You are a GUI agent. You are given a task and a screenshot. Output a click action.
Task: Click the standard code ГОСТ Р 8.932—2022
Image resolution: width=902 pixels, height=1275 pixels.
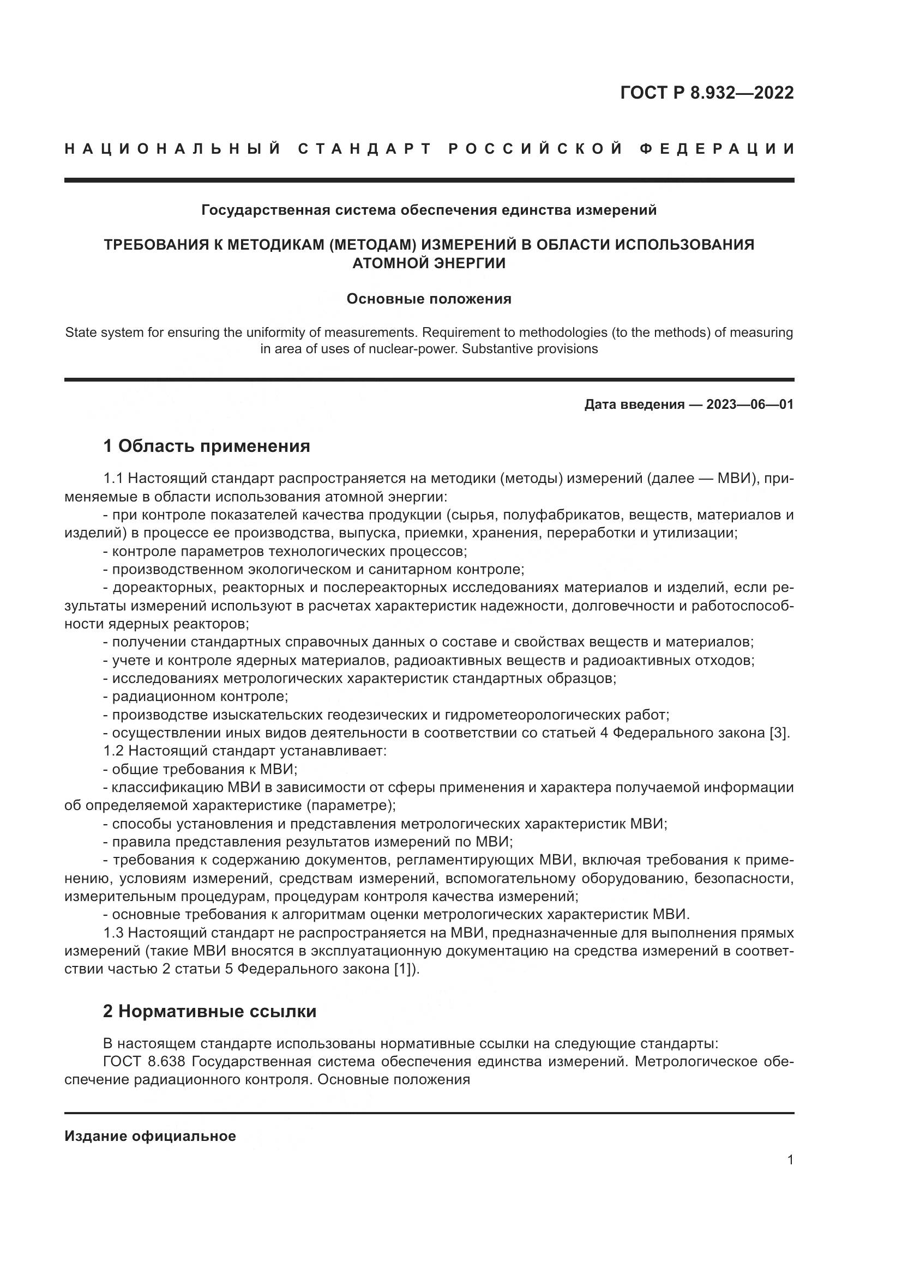point(706,93)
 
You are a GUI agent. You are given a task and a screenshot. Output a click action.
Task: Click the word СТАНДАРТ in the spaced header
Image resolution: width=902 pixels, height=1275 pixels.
point(365,149)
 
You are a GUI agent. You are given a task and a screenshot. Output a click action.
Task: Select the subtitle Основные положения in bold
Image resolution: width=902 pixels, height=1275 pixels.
point(429,299)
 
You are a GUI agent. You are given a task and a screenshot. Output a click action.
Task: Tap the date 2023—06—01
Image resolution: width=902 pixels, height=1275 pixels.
point(750,404)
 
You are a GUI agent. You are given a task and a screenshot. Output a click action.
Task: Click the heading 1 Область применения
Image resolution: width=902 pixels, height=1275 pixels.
point(207,446)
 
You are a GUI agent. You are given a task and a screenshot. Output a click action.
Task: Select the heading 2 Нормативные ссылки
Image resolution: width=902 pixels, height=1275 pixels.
point(209,1011)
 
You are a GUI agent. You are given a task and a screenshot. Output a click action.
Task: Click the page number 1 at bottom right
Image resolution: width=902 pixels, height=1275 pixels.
point(790,1159)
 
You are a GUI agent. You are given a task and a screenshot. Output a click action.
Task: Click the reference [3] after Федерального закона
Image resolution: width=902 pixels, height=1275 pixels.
point(779,733)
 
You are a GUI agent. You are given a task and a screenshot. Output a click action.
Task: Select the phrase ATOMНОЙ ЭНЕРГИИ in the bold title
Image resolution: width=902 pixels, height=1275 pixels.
point(429,263)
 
